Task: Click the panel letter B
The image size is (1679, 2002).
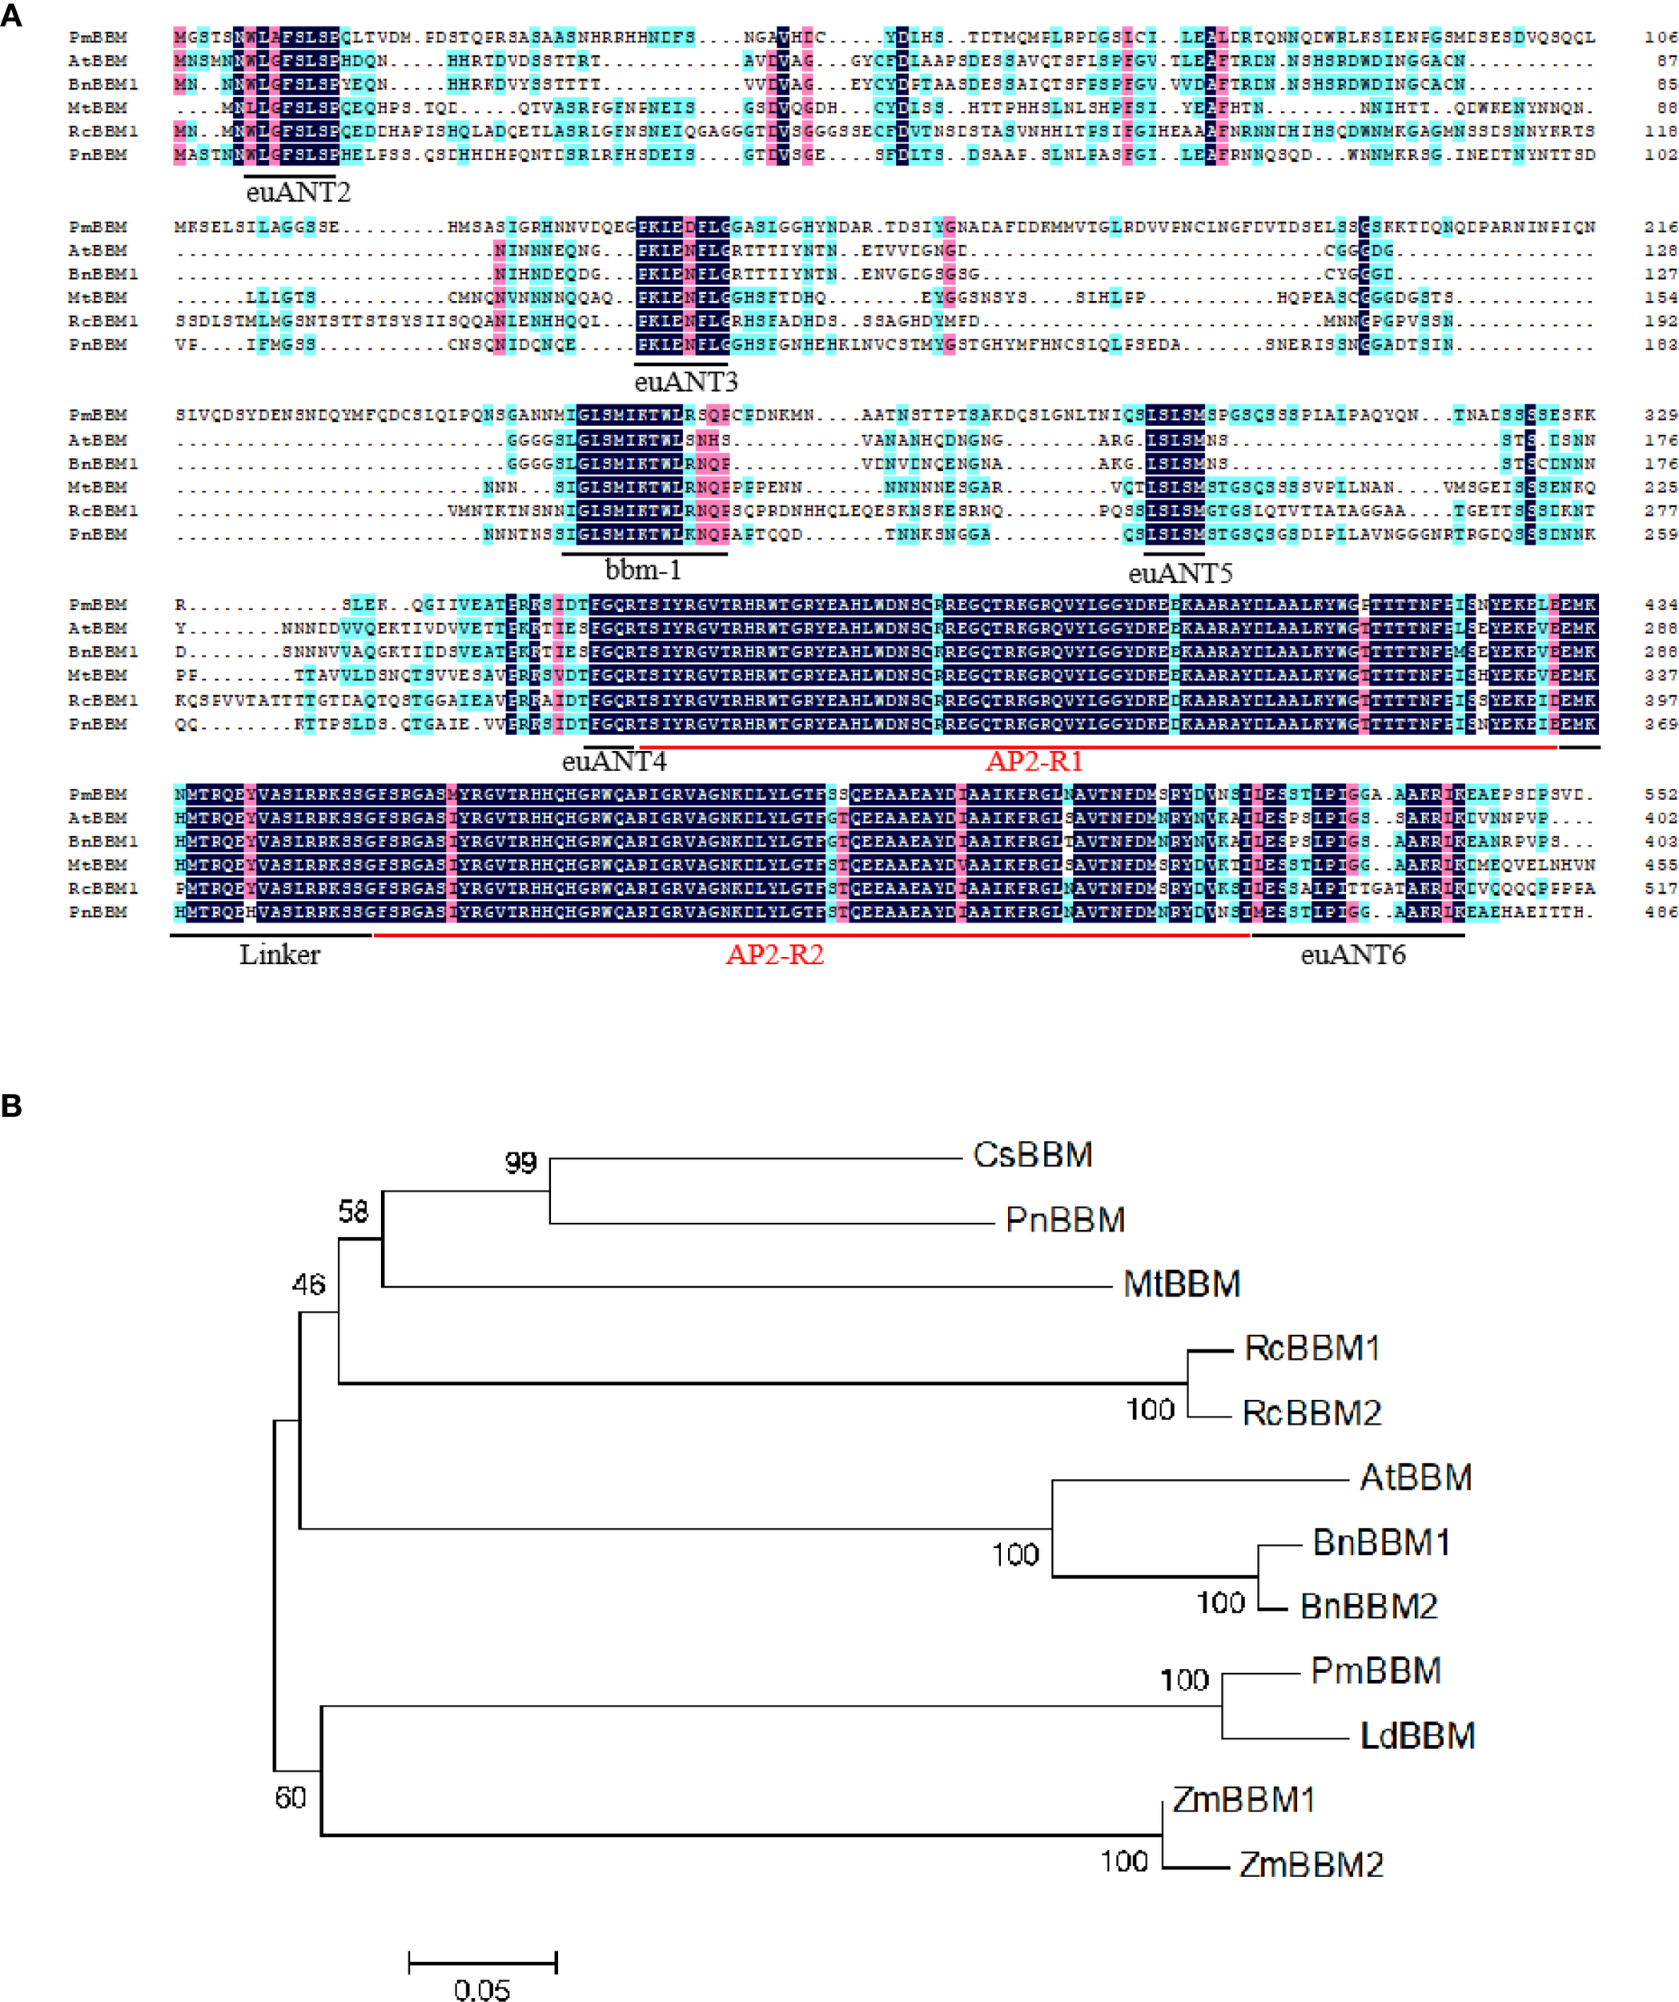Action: tap(11, 1106)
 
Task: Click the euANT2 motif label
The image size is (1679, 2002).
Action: tap(298, 192)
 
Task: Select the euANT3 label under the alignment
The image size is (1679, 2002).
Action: tap(685, 382)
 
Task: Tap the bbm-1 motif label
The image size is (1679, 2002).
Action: tap(643, 570)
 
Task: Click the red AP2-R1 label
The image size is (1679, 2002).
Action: tap(1034, 762)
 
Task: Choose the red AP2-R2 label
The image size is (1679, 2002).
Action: tap(774, 955)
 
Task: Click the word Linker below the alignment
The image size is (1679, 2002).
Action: tap(279, 955)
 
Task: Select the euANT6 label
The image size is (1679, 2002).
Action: tap(1352, 955)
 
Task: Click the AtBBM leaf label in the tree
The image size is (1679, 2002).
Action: tap(1415, 1477)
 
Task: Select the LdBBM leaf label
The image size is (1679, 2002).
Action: tap(1417, 1736)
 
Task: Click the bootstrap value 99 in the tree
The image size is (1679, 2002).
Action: tap(520, 1163)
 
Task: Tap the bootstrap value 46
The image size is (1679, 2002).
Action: tap(308, 1285)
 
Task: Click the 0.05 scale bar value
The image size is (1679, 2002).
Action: tap(481, 1988)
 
